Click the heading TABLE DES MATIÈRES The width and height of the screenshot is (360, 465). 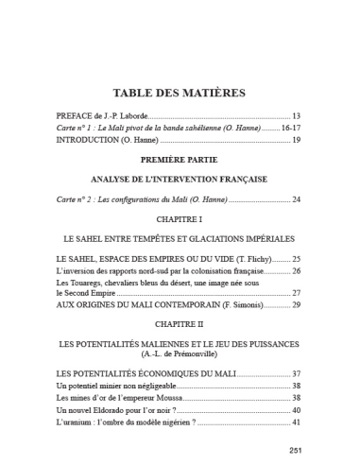[180, 93]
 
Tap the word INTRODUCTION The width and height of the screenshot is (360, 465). [94, 140]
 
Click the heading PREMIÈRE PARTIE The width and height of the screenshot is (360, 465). [180, 161]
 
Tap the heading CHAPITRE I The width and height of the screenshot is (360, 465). [180, 219]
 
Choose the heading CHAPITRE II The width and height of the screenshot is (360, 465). [180, 321]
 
